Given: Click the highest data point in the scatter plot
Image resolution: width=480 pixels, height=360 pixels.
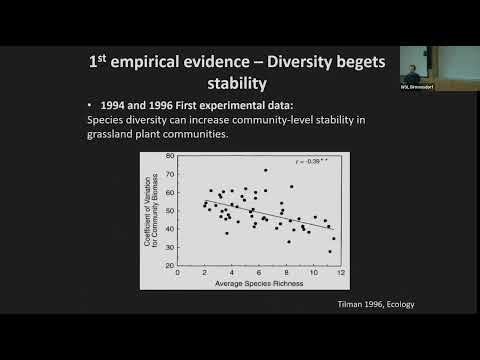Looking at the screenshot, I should tap(265, 170).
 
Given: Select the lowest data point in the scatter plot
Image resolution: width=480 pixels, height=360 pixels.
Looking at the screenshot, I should tap(330, 251).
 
